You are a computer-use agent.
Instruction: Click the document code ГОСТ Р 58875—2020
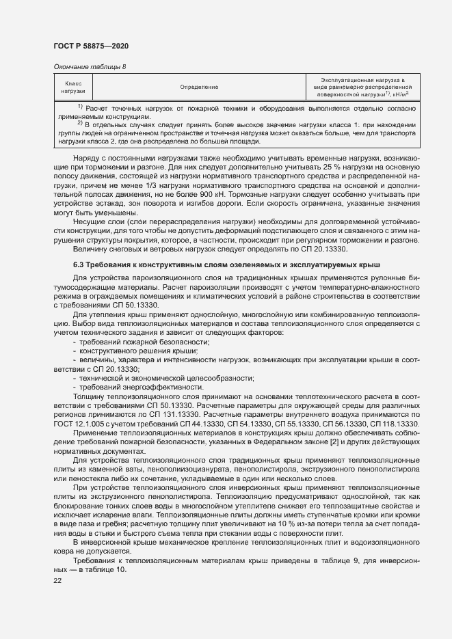click(91, 45)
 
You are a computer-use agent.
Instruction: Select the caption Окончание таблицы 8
click(90, 66)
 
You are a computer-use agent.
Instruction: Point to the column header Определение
click(199, 87)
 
